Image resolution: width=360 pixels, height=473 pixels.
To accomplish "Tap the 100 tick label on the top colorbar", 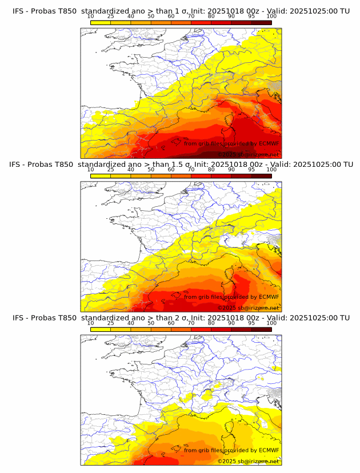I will click(x=271, y=17).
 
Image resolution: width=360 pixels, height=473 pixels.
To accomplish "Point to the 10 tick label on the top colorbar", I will click(x=91, y=17).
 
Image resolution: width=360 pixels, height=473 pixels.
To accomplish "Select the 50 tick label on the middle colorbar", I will click(x=151, y=170).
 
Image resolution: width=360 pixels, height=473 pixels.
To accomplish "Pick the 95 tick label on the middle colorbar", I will click(x=251, y=170).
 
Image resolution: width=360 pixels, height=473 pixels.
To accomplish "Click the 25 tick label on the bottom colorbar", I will click(x=111, y=323).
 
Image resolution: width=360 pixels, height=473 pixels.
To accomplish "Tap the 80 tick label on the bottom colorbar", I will click(x=211, y=323).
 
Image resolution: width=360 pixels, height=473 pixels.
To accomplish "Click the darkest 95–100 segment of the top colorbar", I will click(x=261, y=22).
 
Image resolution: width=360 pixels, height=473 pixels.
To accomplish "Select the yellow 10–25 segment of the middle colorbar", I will click(x=101, y=175).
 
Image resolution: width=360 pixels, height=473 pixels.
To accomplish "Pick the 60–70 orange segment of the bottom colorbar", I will click(x=181, y=329).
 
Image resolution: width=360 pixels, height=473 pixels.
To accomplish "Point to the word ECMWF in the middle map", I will click(x=267, y=297).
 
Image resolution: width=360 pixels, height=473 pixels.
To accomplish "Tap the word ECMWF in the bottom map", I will click(x=267, y=450).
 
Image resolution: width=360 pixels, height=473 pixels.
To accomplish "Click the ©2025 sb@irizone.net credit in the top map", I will click(x=248, y=154).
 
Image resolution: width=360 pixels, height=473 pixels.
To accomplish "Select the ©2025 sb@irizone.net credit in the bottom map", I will click(x=248, y=461).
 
